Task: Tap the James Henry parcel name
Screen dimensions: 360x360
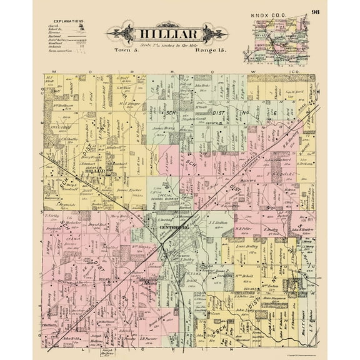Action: click(x=163, y=128)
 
